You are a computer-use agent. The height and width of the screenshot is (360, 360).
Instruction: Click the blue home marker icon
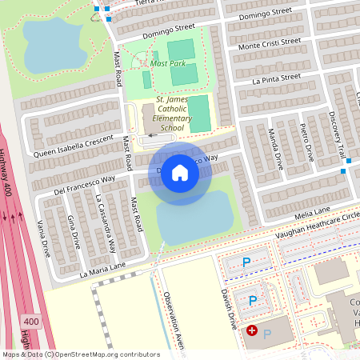tap(180, 172)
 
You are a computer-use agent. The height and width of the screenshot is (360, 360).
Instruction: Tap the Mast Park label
tap(168, 63)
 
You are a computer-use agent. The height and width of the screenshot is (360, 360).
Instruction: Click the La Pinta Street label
tap(276, 78)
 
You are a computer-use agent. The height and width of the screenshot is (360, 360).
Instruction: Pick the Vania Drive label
tap(45, 238)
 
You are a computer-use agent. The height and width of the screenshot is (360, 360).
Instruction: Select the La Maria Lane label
tap(102, 270)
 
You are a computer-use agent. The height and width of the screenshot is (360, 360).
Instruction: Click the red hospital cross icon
tap(252, 330)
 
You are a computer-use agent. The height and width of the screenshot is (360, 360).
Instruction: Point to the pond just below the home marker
tap(192, 221)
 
